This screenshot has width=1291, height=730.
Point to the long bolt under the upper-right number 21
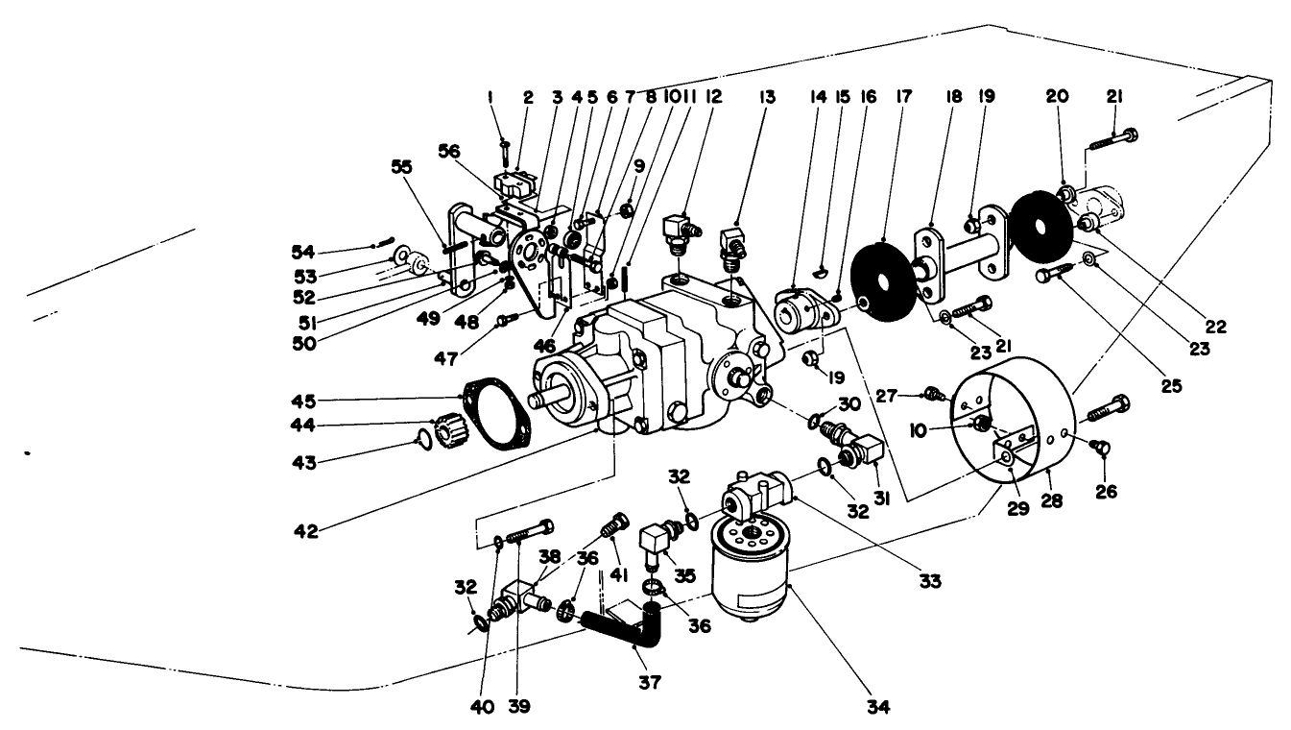coord(1113,140)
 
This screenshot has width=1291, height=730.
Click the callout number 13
coord(740,97)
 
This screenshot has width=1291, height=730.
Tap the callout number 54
coord(303,251)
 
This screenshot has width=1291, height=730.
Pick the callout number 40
coord(482,708)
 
